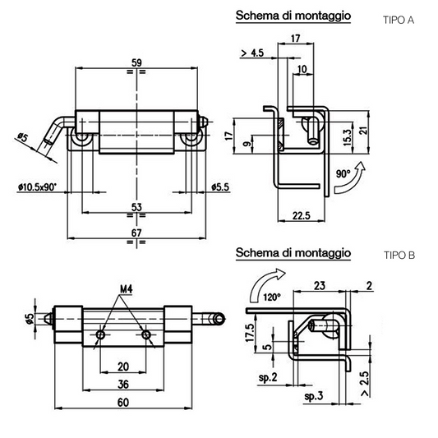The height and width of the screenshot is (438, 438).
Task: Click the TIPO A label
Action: pyautogui.click(x=399, y=20)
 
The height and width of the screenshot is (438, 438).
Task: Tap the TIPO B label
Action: pyautogui.click(x=399, y=256)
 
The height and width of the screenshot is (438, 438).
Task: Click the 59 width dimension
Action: pyautogui.click(x=136, y=62)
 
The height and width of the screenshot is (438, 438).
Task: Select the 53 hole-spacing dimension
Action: pyautogui.click(x=136, y=207)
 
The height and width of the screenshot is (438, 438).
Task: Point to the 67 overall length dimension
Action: pyautogui.click(x=136, y=233)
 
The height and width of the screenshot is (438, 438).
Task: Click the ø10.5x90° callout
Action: pyautogui.click(x=37, y=187)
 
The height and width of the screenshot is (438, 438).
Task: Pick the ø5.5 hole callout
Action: pyautogui.click(x=220, y=187)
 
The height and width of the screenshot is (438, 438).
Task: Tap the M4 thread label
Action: pyautogui.click(x=126, y=289)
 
